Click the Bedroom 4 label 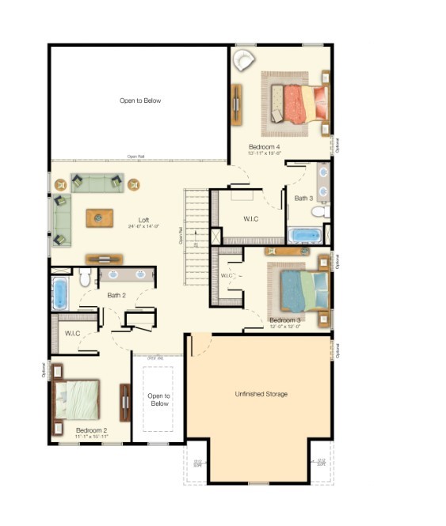click(x=265, y=147)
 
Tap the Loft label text click(x=143, y=220)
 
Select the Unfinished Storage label click(x=261, y=394)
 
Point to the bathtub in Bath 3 click(x=304, y=235)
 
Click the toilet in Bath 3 click(x=318, y=211)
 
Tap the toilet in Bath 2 click(x=86, y=277)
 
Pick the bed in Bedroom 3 click(x=298, y=286)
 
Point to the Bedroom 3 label click(x=284, y=320)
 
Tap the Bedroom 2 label click(x=91, y=430)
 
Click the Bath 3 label click(x=304, y=198)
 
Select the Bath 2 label click(x=116, y=295)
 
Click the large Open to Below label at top click(x=140, y=100)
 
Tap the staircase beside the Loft click(x=196, y=237)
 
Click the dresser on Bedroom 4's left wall click(x=235, y=102)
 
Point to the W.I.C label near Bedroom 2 click(x=73, y=333)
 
